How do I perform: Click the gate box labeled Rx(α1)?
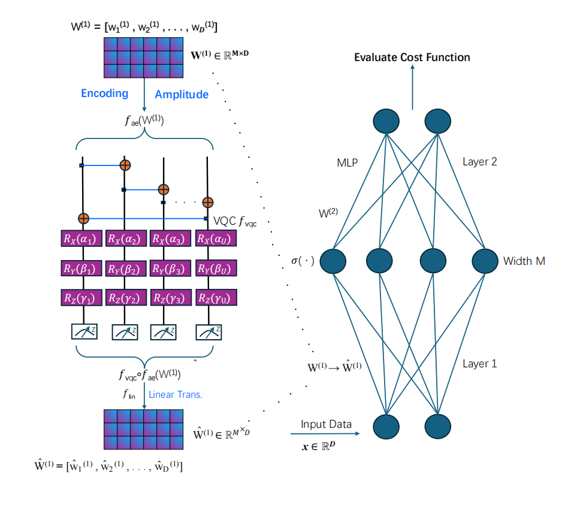(81, 239)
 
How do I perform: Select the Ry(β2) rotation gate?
(126, 268)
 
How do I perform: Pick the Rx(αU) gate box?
(216, 239)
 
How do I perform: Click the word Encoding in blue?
(105, 93)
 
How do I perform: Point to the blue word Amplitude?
(182, 94)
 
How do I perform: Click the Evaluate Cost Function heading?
(412, 58)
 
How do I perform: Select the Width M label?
(524, 261)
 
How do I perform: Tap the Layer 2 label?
(479, 162)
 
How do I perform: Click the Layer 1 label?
(479, 364)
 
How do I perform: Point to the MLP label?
(348, 163)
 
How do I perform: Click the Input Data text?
(326, 424)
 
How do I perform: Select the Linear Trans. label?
(176, 394)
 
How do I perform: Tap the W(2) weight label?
(328, 213)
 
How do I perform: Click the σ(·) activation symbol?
(303, 261)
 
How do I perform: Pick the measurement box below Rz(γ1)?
(84, 331)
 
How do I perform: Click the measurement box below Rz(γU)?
(209, 332)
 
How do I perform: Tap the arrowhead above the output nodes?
(413, 67)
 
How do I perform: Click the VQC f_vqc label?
(235, 221)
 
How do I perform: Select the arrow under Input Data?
(325, 433)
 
